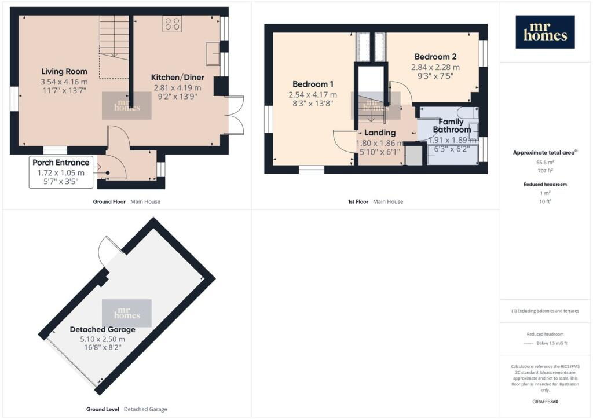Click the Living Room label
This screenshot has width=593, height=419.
tap(64, 71)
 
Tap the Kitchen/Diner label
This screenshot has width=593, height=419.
tap(177, 78)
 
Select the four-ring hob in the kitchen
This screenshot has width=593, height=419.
tap(172, 23)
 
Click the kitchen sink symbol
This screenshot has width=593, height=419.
tap(213, 53)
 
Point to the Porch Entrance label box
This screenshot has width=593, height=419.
tap(61, 172)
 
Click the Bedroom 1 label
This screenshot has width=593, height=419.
tap(313, 84)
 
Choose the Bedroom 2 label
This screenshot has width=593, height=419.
tap(435, 57)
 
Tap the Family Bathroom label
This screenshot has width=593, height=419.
tap(452, 126)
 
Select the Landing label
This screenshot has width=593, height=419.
tap(380, 133)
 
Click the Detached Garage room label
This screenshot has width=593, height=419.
tap(103, 329)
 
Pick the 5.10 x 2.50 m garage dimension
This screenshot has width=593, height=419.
tap(103, 339)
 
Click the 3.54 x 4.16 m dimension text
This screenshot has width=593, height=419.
tap(64, 82)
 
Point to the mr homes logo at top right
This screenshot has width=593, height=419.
tap(545, 32)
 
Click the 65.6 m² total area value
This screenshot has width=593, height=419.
tap(545, 163)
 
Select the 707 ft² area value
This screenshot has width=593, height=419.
tap(545, 171)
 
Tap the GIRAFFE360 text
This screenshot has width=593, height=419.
tap(545, 402)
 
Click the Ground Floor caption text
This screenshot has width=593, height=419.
tap(109, 202)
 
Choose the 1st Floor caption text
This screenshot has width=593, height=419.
tap(358, 202)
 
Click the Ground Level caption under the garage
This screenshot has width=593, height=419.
tap(103, 409)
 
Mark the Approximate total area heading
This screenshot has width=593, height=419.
tap(545, 153)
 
